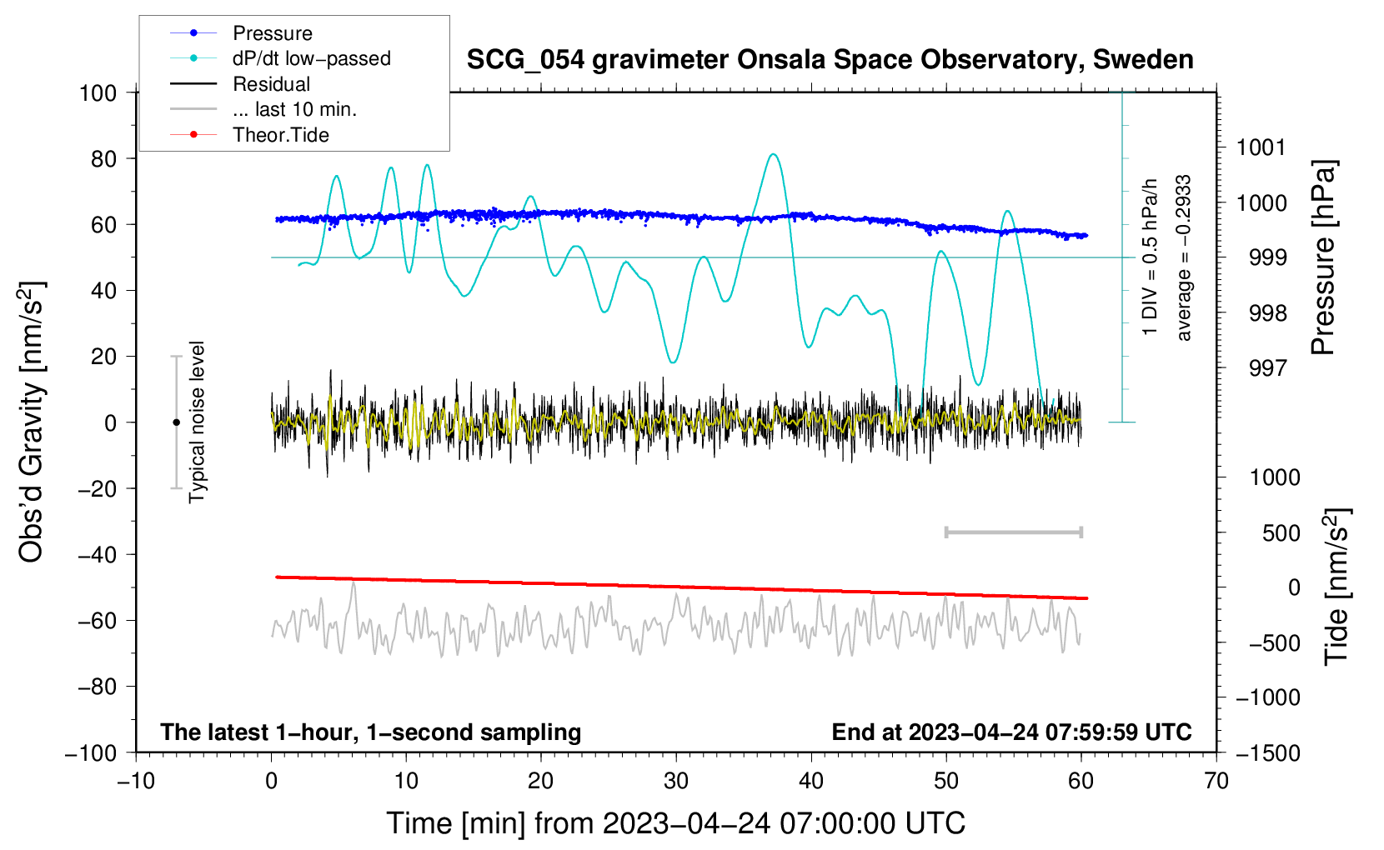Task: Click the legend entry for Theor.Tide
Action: point(280,135)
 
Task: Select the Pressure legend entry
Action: point(272,33)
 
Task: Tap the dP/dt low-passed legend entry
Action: point(311,58)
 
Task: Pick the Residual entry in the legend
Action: point(271,84)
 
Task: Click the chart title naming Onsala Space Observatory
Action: point(830,60)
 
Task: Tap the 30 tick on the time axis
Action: point(676,781)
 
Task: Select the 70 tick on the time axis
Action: point(1216,781)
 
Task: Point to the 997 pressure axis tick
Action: point(1267,367)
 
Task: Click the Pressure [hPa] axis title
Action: point(1323,257)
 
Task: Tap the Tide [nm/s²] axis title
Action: point(1336,585)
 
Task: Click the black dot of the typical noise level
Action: point(176,422)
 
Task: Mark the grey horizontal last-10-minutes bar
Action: point(1013,532)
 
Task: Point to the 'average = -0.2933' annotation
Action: point(1184,257)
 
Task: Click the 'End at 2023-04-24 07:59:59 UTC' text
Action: point(1011,732)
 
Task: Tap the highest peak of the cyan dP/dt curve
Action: point(774,154)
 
